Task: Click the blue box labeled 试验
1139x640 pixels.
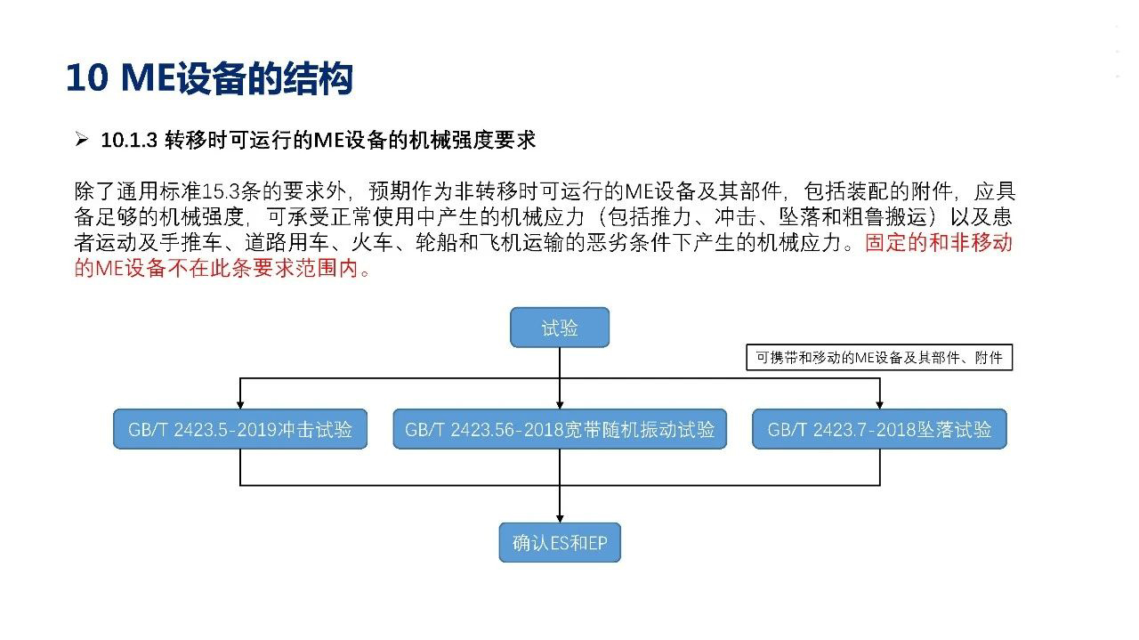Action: (x=560, y=328)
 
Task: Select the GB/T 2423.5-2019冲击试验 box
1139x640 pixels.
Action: (x=240, y=429)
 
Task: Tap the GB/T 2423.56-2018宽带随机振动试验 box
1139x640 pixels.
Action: (x=560, y=429)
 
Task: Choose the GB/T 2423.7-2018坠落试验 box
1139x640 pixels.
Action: (x=880, y=429)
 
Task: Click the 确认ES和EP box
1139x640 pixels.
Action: (x=560, y=542)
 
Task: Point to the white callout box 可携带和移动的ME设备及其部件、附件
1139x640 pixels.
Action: (x=879, y=357)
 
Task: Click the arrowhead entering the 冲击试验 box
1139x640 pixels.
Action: (x=240, y=405)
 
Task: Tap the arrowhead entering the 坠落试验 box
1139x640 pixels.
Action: (x=880, y=405)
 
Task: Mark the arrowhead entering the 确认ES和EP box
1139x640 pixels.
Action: (x=560, y=518)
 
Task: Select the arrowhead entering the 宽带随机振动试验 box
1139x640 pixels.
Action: (x=560, y=405)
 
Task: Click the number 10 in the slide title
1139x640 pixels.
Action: (x=87, y=77)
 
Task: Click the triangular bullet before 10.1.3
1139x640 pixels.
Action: (x=81, y=139)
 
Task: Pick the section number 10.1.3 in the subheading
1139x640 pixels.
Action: (x=129, y=140)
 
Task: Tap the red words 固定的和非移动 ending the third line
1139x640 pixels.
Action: (x=939, y=242)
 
